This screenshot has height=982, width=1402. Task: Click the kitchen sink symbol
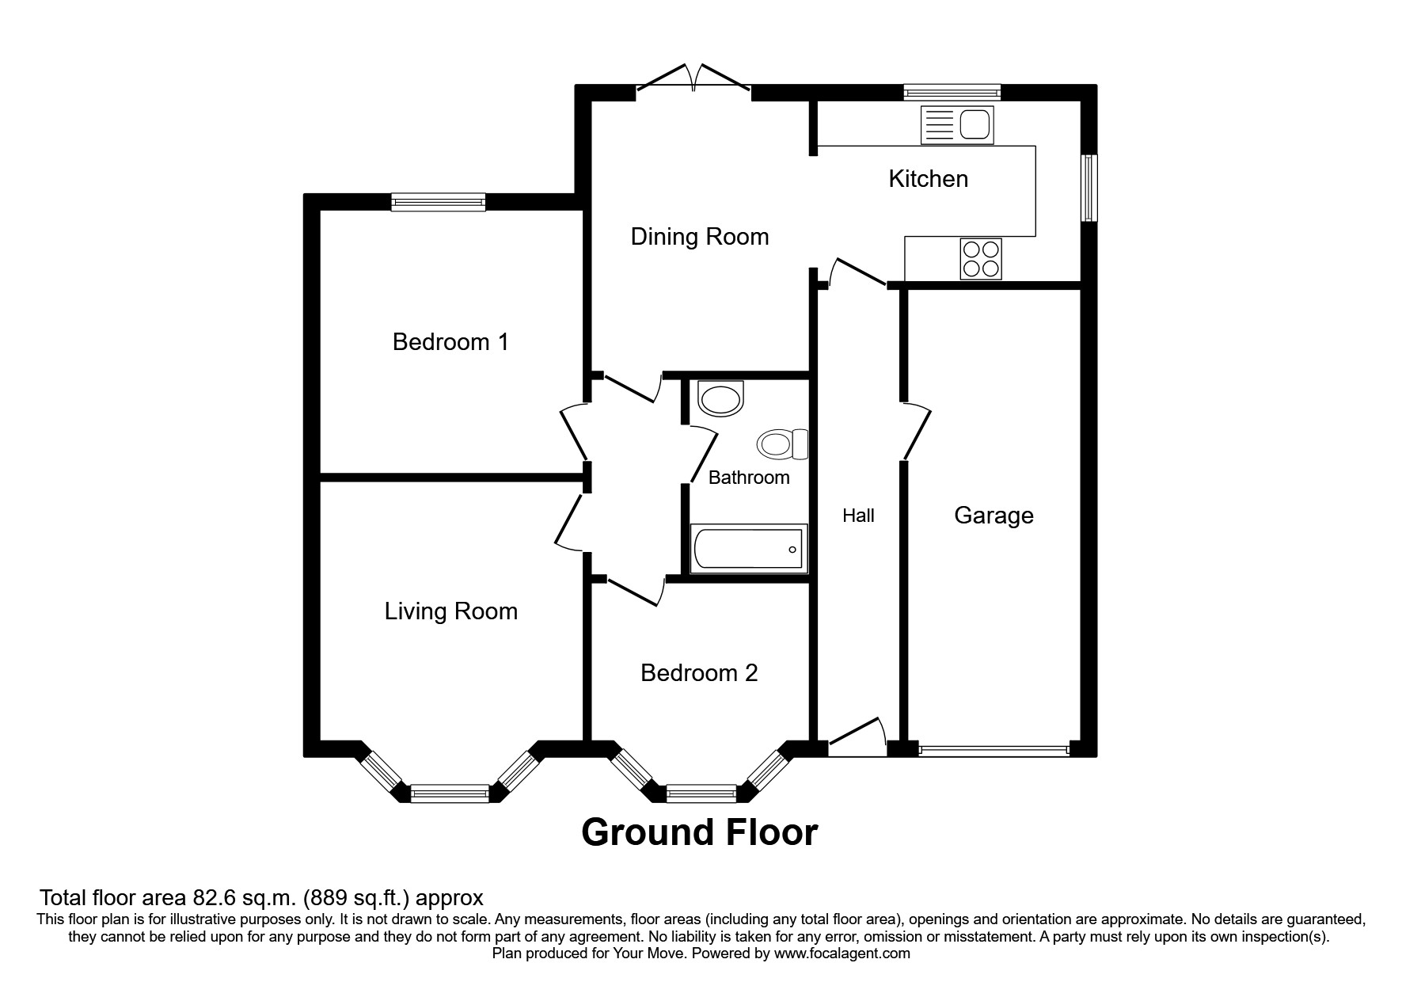click(x=957, y=126)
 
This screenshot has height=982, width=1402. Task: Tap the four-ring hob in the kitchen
click(x=981, y=258)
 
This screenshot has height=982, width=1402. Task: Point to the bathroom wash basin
click(x=721, y=398)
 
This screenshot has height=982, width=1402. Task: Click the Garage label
click(x=994, y=516)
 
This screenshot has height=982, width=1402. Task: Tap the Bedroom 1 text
click(x=450, y=342)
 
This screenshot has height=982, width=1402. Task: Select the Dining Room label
click(x=699, y=237)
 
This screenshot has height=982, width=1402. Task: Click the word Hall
click(x=858, y=516)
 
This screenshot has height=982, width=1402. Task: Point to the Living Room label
click(x=450, y=611)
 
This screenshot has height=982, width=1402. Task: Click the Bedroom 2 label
click(x=698, y=673)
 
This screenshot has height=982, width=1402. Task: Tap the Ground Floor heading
click(x=699, y=832)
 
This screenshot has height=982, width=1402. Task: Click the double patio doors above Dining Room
click(x=693, y=79)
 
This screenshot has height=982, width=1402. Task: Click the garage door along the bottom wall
click(x=994, y=748)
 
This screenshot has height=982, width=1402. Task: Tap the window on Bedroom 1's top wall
click(x=439, y=203)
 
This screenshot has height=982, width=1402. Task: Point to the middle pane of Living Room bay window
click(x=450, y=792)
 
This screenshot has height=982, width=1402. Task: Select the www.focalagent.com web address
click(x=842, y=953)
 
